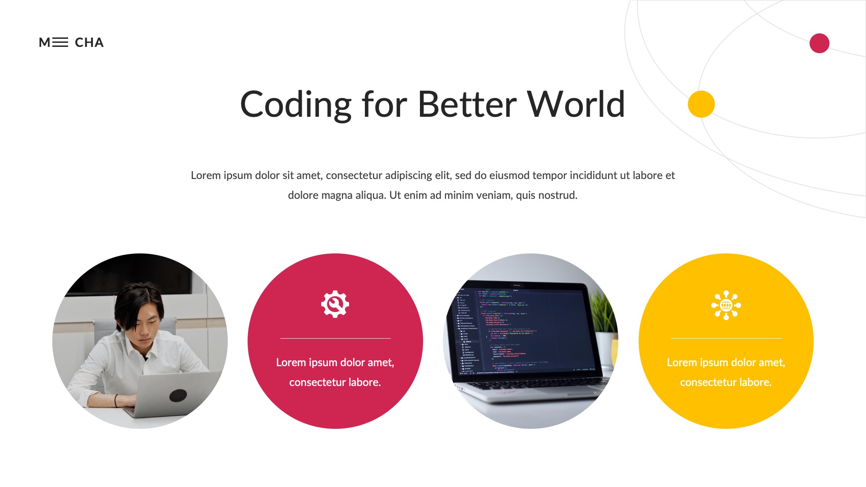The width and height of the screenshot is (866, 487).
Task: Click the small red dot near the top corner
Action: [x=819, y=43]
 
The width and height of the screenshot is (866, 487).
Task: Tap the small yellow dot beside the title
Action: [x=701, y=104]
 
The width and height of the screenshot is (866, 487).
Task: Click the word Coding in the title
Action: [x=295, y=105]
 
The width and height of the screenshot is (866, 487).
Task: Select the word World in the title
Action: [x=576, y=105]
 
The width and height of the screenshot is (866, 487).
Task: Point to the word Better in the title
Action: [x=467, y=105]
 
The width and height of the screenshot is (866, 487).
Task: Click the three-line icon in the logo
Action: [x=60, y=42]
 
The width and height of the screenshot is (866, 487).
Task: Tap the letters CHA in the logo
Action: [x=89, y=42]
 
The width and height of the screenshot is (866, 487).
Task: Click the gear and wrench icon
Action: [x=335, y=304]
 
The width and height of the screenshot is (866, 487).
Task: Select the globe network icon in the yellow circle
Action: [x=726, y=305]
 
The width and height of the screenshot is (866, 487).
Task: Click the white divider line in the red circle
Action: [x=335, y=338]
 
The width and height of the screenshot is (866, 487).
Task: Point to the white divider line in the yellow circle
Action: [x=726, y=338]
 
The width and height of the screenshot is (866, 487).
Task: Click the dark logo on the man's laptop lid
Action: [x=178, y=395]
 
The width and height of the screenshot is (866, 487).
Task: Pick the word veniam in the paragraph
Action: [x=494, y=195]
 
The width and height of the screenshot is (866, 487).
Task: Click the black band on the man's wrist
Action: [x=116, y=400]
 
